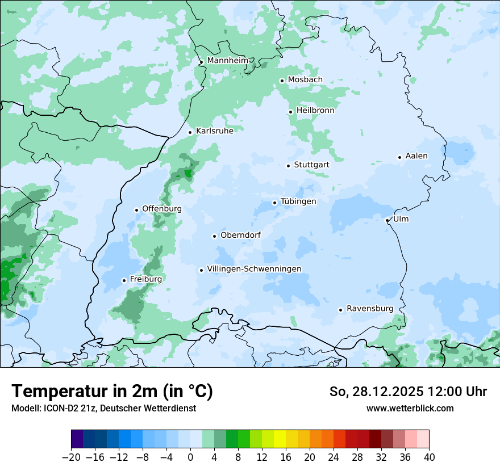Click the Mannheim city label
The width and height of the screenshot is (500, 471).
[227, 61]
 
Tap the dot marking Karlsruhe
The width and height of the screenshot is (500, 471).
[190, 132]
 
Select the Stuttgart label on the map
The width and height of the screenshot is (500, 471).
[311, 165]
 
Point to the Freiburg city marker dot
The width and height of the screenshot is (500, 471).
[124, 280]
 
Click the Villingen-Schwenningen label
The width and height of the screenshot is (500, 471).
[254, 269]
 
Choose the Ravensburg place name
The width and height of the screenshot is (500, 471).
[369, 309]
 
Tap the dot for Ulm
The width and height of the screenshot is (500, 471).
[387, 220]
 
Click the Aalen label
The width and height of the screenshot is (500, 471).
[416, 156]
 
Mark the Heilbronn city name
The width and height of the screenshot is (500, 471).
[315, 111]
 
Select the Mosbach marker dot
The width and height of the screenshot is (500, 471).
[282, 81]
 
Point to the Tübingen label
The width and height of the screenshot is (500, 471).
[298, 201]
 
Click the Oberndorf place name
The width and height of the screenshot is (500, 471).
[240, 235]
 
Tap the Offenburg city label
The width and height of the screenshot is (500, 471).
[162, 209]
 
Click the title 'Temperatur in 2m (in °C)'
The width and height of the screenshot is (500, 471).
[113, 392]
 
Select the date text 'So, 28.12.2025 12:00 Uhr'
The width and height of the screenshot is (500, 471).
[408, 392]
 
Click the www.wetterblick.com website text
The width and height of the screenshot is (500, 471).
[410, 409]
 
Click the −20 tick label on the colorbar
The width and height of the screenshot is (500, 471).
[71, 457]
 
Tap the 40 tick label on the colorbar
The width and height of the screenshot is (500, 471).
[429, 457]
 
